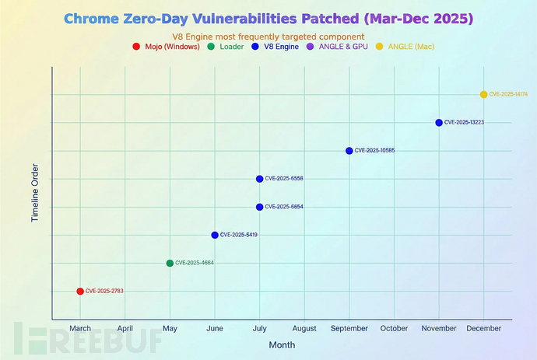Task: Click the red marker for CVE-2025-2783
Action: tap(80, 291)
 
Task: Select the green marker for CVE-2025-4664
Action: tap(170, 263)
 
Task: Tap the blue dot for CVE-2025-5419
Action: tap(215, 235)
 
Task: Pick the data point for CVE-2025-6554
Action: tap(259, 207)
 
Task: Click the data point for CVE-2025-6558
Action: tap(259, 179)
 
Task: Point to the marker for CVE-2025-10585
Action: tap(349, 151)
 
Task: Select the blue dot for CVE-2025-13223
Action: tap(439, 123)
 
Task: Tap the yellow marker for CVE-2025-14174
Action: tap(483, 94)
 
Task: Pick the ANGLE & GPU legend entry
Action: tap(343, 47)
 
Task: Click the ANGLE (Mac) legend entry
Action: tap(407, 47)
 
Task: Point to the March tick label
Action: tap(80, 328)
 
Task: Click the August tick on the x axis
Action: tap(304, 328)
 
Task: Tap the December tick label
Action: tap(483, 328)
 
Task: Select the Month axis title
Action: tap(282, 344)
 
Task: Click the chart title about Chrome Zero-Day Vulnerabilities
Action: tap(268, 17)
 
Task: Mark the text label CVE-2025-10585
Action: tap(374, 151)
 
